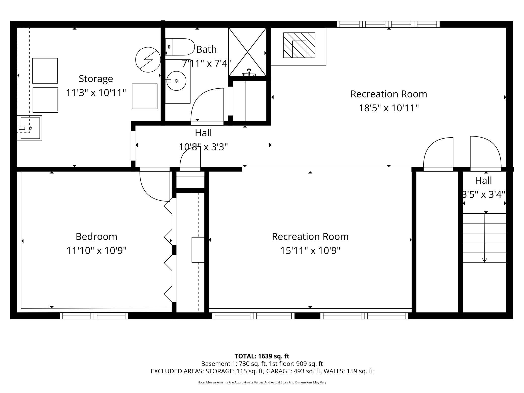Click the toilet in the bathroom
(180, 47)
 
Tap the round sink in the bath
(176, 81)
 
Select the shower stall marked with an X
(247, 52)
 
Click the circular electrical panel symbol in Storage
(148, 60)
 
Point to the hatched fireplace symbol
(299, 45)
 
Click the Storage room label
(96, 79)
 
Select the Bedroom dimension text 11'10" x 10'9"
(96, 251)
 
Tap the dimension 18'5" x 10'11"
(389, 108)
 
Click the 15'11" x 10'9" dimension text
(310, 251)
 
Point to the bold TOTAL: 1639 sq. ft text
(262, 356)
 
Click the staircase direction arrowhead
(484, 260)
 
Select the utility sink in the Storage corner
(29, 128)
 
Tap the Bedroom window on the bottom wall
(94, 316)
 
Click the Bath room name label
(206, 49)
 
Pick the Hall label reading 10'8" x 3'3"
(203, 147)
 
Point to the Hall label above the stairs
(483, 180)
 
